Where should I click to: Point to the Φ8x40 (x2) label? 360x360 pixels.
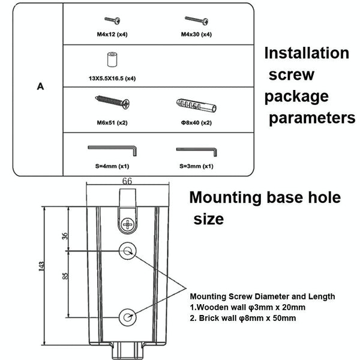point(196,122)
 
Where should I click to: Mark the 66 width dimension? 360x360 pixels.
point(127,179)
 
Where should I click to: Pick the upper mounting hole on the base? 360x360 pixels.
point(128,250)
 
